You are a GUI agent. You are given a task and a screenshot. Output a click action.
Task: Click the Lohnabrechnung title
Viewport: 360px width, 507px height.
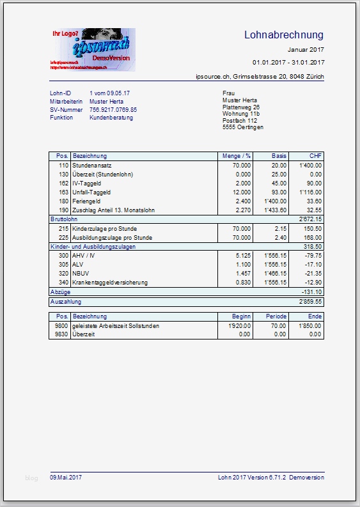[x=284, y=35]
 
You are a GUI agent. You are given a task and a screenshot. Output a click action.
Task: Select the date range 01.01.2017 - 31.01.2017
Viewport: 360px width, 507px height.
[x=288, y=62]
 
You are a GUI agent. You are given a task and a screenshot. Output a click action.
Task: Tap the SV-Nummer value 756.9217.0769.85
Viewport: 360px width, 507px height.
[x=113, y=110]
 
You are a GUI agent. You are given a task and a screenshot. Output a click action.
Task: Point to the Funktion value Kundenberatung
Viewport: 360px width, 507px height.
[x=111, y=118]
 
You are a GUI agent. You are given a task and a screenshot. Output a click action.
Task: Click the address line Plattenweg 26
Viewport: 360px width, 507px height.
[x=240, y=107]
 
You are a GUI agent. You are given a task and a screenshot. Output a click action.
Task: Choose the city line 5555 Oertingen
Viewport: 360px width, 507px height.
[x=242, y=127]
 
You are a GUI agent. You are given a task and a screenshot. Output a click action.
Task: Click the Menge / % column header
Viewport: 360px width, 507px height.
[x=236, y=156]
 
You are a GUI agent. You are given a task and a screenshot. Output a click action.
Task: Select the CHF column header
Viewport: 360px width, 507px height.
[x=315, y=156]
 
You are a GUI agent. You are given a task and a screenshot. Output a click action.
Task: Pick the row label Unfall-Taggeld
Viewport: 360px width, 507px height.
[x=91, y=192]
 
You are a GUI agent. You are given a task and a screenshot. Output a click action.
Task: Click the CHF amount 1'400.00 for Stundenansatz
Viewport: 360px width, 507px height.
[x=309, y=165]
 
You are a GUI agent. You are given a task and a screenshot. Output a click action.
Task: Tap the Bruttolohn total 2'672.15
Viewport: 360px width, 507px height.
[x=309, y=219]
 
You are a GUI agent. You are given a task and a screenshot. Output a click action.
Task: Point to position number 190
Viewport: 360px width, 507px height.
[x=63, y=210]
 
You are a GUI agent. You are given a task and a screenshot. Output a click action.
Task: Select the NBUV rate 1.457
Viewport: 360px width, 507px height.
[x=242, y=273]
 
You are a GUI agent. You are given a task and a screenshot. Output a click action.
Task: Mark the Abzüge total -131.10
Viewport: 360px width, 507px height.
[x=311, y=292]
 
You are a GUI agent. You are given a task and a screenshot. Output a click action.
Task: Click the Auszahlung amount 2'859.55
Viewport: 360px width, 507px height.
[x=309, y=300]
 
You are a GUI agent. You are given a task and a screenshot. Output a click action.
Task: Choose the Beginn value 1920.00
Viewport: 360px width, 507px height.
[x=239, y=325]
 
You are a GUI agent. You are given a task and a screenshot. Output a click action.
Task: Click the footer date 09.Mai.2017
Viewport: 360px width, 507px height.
[x=66, y=477]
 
